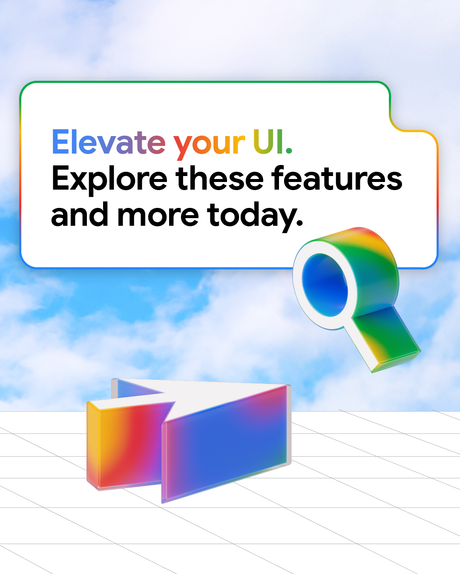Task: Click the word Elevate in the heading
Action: pos(109,142)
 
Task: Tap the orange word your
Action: pos(209,145)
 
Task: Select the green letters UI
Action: pos(268,142)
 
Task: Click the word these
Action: pos(220,179)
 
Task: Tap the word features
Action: pos(337,179)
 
